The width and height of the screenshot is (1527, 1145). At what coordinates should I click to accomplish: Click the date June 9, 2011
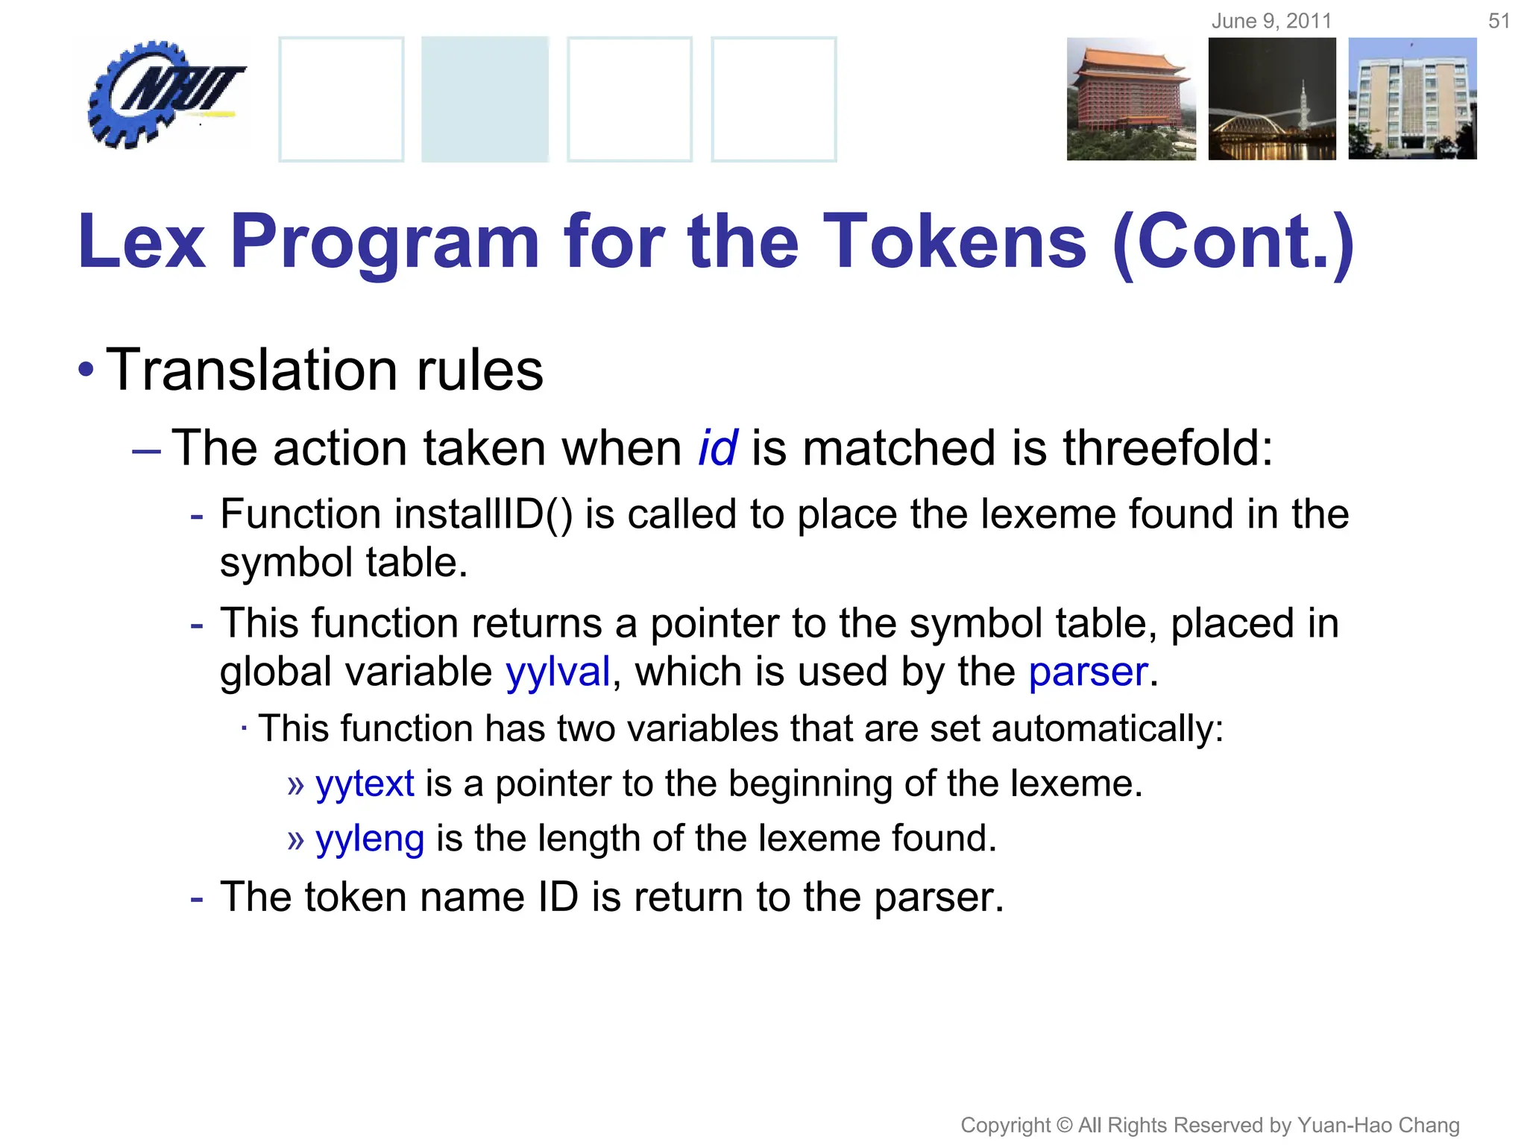click(1271, 21)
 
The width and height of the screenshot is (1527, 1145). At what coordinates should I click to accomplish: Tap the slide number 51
click(1499, 21)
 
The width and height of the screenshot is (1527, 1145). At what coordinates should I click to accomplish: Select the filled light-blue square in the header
click(485, 98)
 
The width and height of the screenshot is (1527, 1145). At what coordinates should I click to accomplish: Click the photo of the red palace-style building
click(1130, 98)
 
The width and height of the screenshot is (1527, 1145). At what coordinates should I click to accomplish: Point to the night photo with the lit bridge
click(1272, 98)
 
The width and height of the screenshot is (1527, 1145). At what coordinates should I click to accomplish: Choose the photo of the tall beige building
click(1412, 98)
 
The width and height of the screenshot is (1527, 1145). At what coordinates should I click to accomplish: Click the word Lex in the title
click(142, 242)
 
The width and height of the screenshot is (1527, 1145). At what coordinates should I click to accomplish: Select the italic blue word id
click(717, 448)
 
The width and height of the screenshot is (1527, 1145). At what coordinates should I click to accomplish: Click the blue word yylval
click(558, 672)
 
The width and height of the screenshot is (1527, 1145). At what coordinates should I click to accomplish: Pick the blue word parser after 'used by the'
click(1088, 672)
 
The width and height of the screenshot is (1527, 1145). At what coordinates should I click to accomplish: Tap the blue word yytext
click(365, 783)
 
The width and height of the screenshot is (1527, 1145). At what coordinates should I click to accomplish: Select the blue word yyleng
click(370, 839)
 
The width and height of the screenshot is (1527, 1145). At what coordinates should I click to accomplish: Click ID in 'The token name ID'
click(558, 897)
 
